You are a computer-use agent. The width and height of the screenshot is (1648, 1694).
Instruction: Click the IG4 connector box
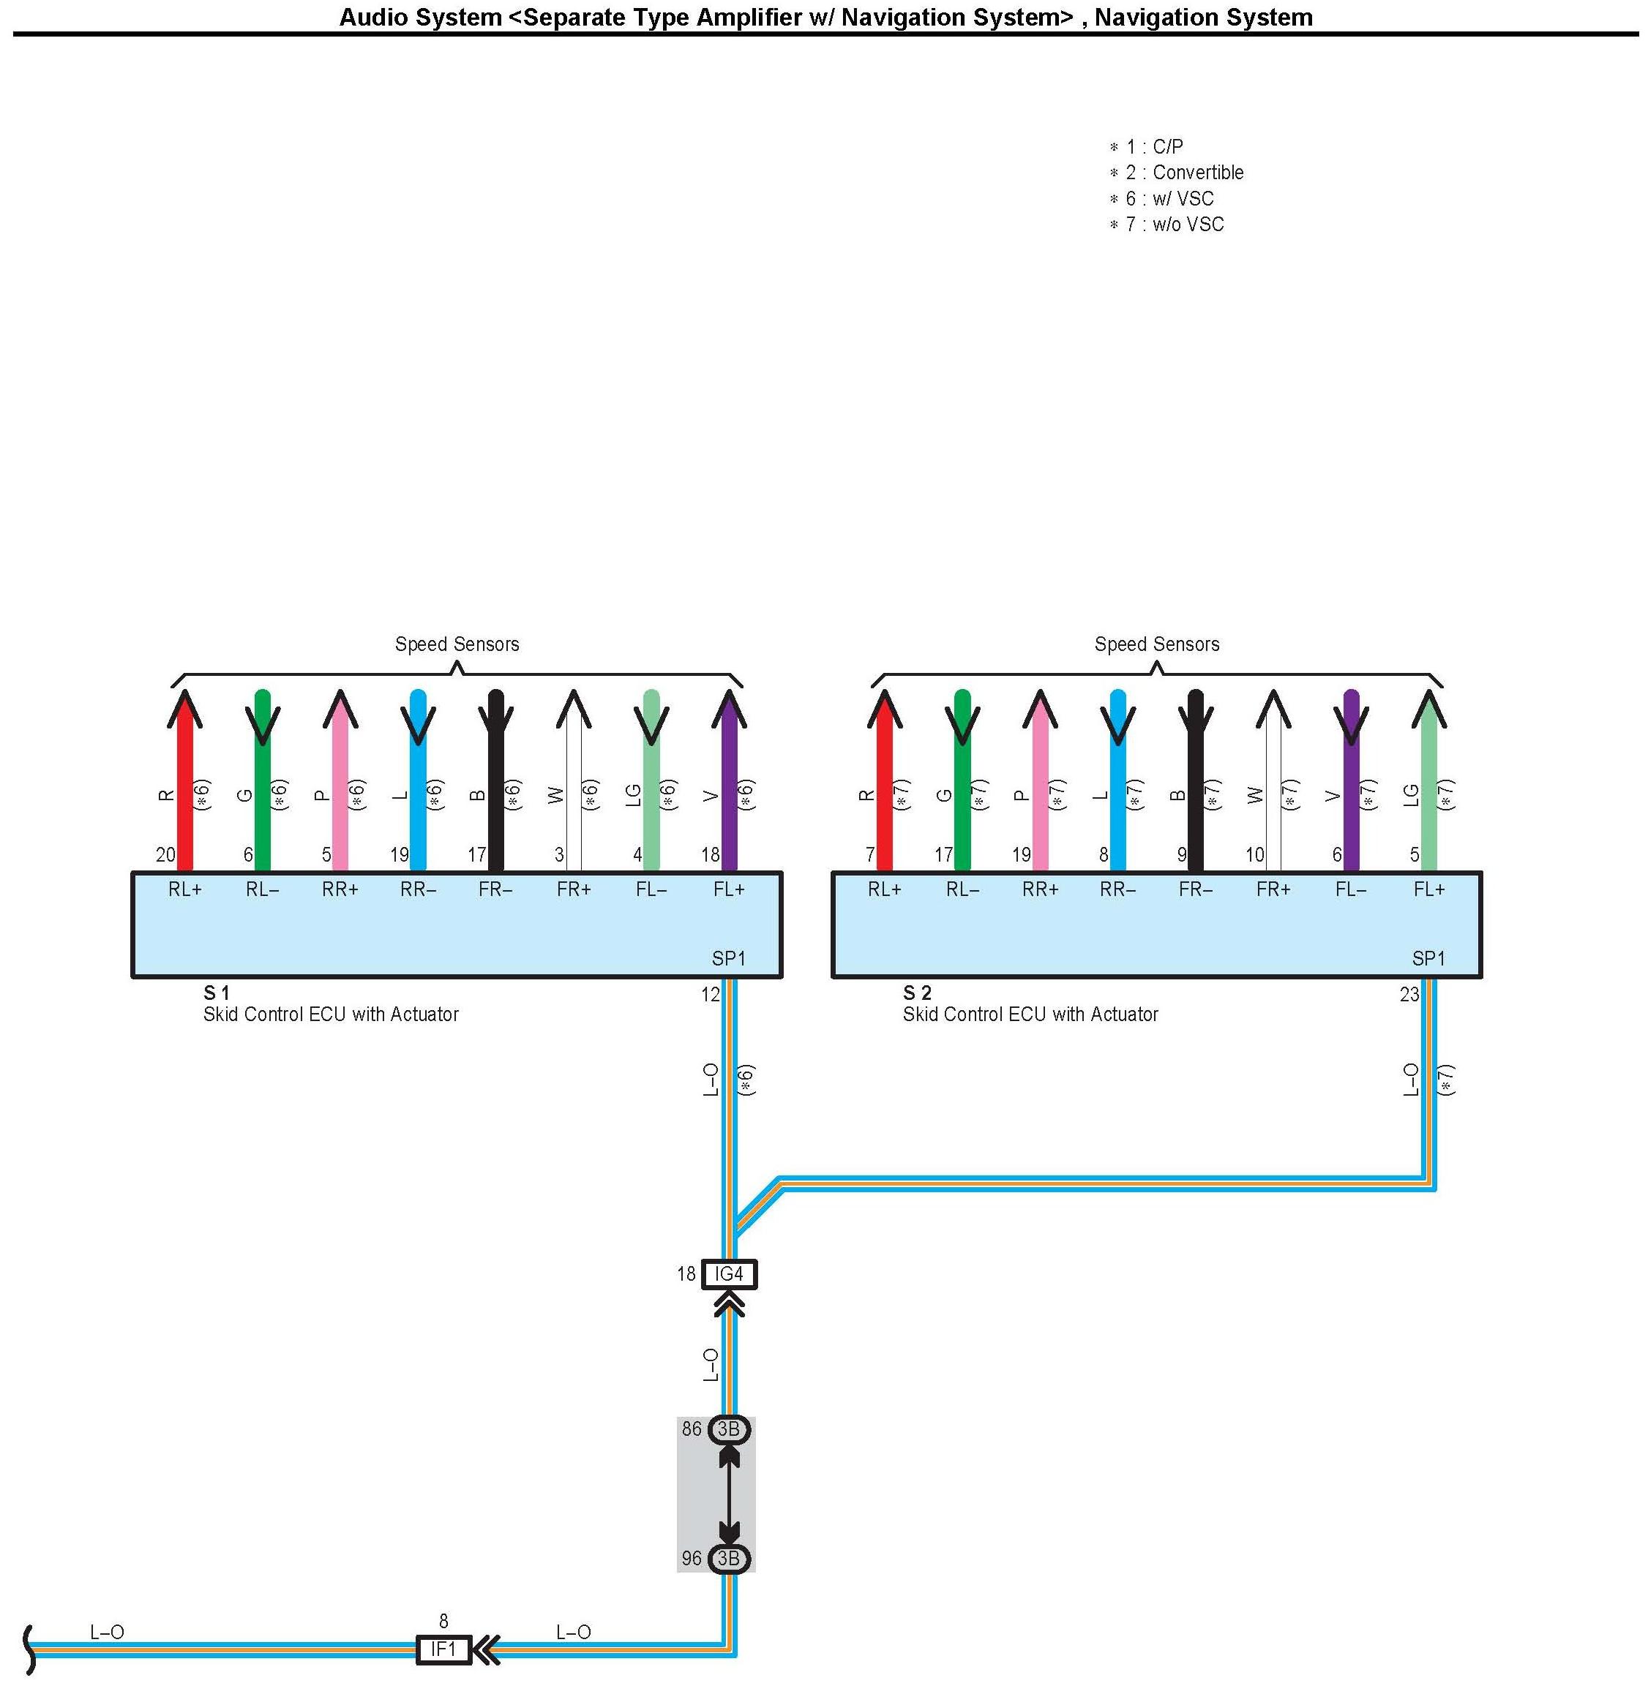point(729,1274)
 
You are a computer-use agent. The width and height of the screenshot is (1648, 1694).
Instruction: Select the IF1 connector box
point(443,1649)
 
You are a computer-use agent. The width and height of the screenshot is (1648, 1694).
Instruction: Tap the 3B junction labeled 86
point(729,1429)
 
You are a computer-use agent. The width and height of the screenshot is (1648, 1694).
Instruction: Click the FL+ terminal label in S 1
point(729,889)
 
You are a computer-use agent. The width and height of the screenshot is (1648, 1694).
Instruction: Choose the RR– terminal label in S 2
point(1117,889)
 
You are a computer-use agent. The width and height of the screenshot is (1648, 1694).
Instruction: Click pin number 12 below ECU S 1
point(711,995)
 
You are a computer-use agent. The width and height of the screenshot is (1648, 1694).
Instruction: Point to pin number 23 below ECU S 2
point(1410,995)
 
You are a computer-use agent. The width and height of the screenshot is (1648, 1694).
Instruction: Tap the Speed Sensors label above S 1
point(457,644)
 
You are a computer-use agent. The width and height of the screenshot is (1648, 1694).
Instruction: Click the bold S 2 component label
point(917,993)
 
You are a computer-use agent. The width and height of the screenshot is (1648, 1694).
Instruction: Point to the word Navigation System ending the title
point(1203,18)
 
